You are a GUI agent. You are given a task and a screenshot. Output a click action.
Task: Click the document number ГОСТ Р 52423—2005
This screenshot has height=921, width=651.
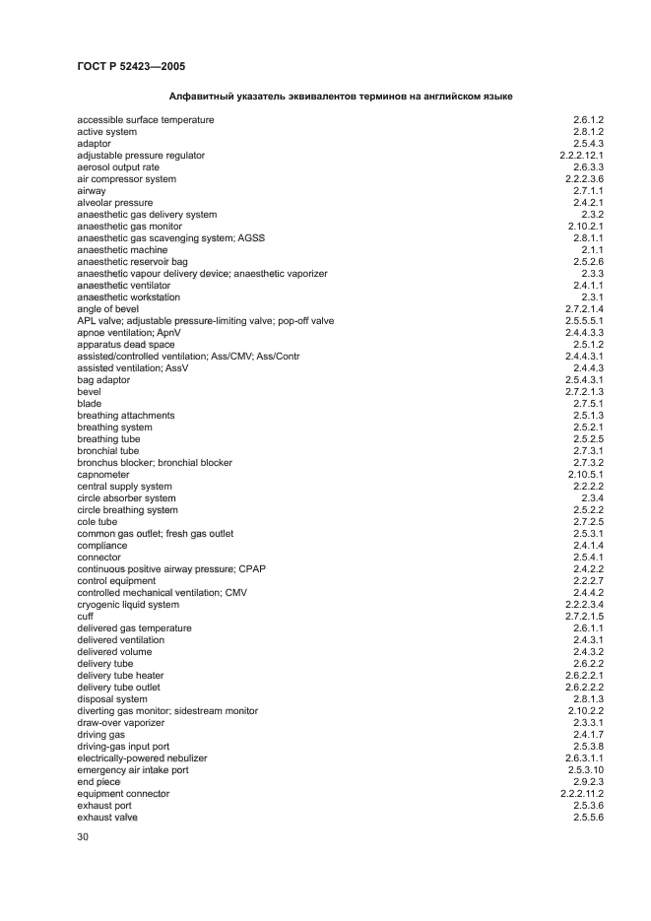point(131,66)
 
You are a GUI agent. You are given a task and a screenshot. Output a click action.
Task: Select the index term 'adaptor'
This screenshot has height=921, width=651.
point(95,144)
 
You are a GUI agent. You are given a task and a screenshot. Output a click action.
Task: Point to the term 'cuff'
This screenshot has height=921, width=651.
point(86,617)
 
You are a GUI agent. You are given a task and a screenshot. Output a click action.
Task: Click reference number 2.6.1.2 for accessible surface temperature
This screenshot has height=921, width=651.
point(587,120)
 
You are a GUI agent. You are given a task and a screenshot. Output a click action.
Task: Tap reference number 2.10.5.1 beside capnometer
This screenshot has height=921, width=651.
point(584,475)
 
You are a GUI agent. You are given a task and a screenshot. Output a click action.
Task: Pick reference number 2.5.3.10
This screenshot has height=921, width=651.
point(584,770)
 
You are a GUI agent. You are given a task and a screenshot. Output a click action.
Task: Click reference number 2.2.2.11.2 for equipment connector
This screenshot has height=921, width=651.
point(580,794)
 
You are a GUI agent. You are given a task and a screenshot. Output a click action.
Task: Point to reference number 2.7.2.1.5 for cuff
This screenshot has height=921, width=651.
point(584,617)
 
